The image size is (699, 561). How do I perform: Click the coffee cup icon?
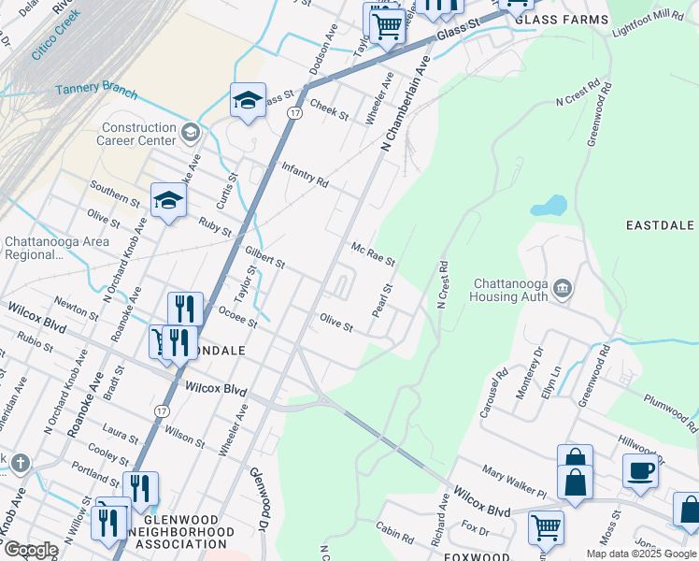(x=640, y=470)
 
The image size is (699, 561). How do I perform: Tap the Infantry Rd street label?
(x=305, y=175)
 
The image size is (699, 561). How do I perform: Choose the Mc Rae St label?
(x=373, y=255)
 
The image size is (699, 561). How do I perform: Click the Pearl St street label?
(x=380, y=299)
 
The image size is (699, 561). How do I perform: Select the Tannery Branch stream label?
(x=96, y=92)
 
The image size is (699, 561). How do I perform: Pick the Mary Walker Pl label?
(x=513, y=482)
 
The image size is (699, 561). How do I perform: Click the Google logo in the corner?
(x=30, y=550)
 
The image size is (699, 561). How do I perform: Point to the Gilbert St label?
(x=264, y=257)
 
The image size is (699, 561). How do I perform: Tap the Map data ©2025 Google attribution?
(x=640, y=554)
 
